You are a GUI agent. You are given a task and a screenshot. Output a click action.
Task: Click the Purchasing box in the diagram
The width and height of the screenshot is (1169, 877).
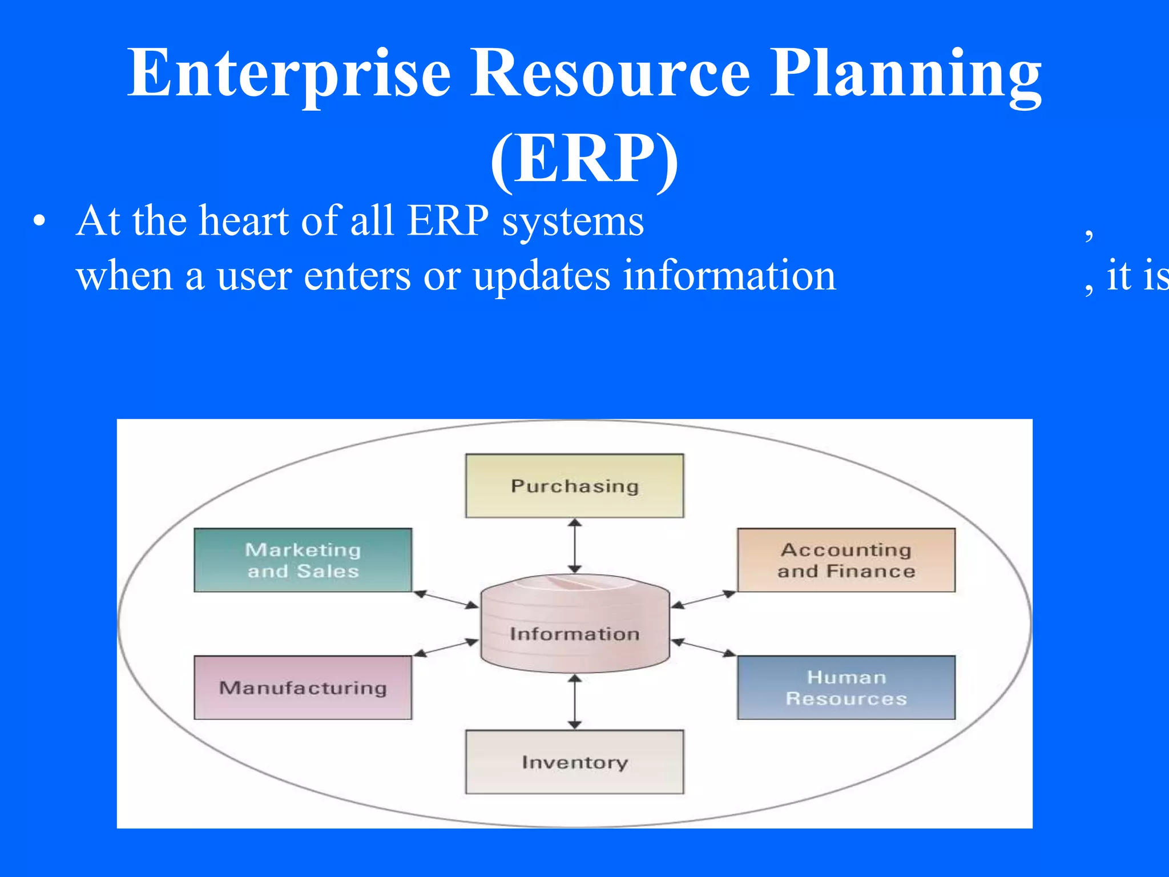[574, 486]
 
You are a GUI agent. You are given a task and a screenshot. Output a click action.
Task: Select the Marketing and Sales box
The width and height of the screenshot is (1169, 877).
[303, 560]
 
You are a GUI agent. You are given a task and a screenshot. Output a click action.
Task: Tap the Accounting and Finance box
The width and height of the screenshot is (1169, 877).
[846, 560]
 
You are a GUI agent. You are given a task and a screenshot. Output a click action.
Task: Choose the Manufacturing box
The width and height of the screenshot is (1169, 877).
[303, 687]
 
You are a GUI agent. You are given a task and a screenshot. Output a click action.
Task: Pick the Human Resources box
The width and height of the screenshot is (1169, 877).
[846, 687]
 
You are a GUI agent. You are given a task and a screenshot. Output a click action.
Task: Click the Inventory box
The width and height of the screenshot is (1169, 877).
[574, 762]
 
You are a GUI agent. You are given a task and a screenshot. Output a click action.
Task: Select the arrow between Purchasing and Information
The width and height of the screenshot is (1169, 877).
[575, 546]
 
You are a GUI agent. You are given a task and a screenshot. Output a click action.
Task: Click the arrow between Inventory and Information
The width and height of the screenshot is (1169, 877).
[575, 702]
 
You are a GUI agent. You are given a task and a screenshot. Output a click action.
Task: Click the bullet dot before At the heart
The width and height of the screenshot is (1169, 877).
[38, 222]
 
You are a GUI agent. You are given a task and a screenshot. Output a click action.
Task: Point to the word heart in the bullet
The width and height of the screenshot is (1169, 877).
[245, 221]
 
